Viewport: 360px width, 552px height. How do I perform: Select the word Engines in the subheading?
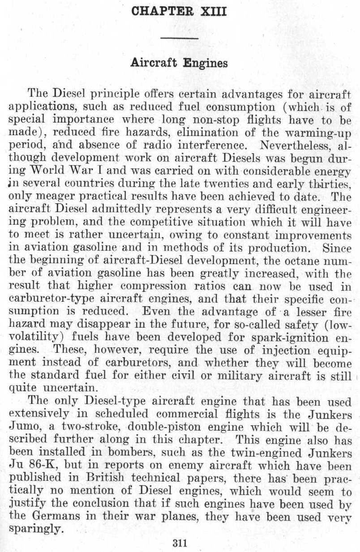[207, 64]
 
